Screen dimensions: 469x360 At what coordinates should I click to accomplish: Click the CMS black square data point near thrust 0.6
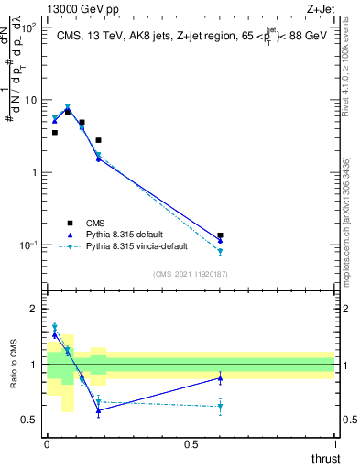[x=220, y=235]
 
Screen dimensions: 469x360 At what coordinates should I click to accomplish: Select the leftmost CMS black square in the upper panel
[x=55, y=133]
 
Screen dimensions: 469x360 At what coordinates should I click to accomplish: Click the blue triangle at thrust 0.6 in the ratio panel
[x=220, y=378]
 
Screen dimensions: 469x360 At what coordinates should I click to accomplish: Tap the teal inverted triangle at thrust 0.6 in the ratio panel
[x=220, y=406]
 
